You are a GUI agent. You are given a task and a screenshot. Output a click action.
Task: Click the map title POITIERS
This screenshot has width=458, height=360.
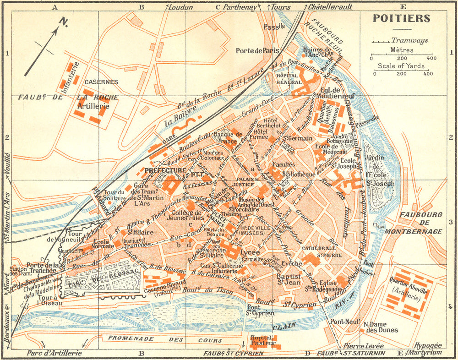pyautogui.click(x=401, y=18)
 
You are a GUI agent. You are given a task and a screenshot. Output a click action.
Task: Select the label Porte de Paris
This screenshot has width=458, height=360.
pyautogui.click(x=257, y=51)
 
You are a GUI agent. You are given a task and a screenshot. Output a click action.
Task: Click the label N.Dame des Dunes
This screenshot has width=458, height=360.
pyautogui.click(x=380, y=327)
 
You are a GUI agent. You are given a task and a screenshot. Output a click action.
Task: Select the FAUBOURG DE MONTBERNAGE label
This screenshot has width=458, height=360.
pyautogui.click(x=420, y=223)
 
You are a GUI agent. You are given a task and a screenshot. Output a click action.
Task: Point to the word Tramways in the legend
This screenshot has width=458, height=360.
pyautogui.click(x=410, y=40)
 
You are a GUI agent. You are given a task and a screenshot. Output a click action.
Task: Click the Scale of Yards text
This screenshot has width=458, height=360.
pyautogui.click(x=402, y=66)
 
